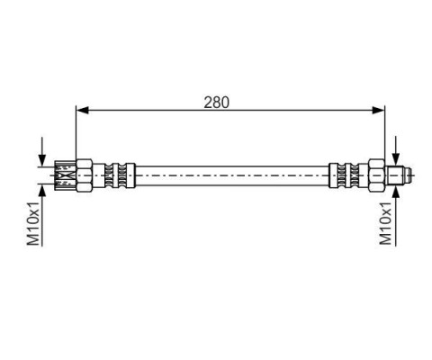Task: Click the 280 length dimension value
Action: (x=216, y=103)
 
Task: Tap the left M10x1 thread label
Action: (x=33, y=223)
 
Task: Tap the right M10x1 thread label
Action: (x=386, y=223)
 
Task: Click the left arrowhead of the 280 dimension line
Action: (x=83, y=110)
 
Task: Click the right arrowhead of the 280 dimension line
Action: (x=378, y=110)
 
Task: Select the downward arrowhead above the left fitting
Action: (x=42, y=160)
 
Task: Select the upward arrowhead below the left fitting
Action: (x=42, y=191)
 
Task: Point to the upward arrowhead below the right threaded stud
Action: (x=396, y=192)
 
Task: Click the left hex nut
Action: (x=85, y=175)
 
